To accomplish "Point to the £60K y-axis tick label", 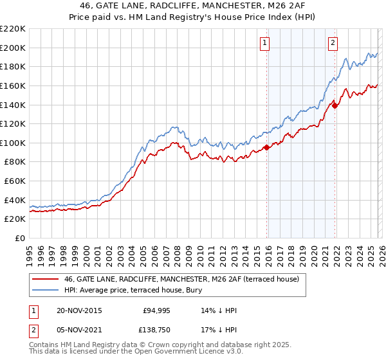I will pyautogui.click(x=15, y=181).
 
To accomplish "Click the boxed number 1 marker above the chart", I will pyautogui.click(x=265, y=43).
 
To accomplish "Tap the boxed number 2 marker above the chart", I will pyautogui.click(x=333, y=43).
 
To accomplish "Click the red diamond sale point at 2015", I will pyautogui.click(x=267, y=148).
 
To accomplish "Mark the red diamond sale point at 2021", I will pyautogui.click(x=335, y=106).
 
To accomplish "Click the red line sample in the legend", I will pyautogui.click(x=44, y=279).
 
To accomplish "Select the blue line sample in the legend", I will pyautogui.click(x=44, y=290).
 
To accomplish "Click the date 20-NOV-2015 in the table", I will pyautogui.click(x=80, y=310).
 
